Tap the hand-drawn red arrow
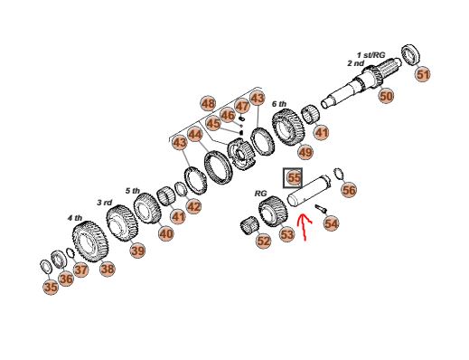pyautogui.click(x=304, y=228)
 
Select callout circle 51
pyautogui.click(x=423, y=74)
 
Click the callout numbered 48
pyautogui.click(x=208, y=104)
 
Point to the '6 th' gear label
pyautogui.click(x=279, y=104)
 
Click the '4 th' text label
pyautogui.click(x=74, y=218)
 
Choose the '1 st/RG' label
pyautogui.click(x=371, y=55)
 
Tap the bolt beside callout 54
pyautogui.click(x=321, y=209)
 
